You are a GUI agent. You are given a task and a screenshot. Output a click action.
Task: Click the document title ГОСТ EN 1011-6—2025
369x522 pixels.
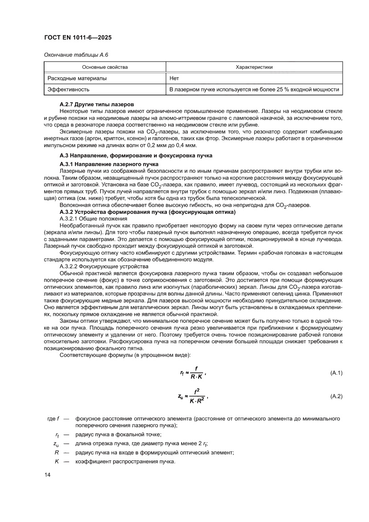78,38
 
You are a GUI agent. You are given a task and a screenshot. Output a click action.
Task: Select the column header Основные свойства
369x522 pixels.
105,67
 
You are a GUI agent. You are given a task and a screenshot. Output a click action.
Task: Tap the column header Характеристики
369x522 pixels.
254,67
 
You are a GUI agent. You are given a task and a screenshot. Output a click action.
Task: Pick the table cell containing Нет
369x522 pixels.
174,78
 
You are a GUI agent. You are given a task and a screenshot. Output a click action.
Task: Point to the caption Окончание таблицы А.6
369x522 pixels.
76,55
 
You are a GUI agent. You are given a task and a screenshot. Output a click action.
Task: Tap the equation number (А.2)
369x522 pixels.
336,396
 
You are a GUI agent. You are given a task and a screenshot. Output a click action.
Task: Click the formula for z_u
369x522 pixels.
193,396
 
